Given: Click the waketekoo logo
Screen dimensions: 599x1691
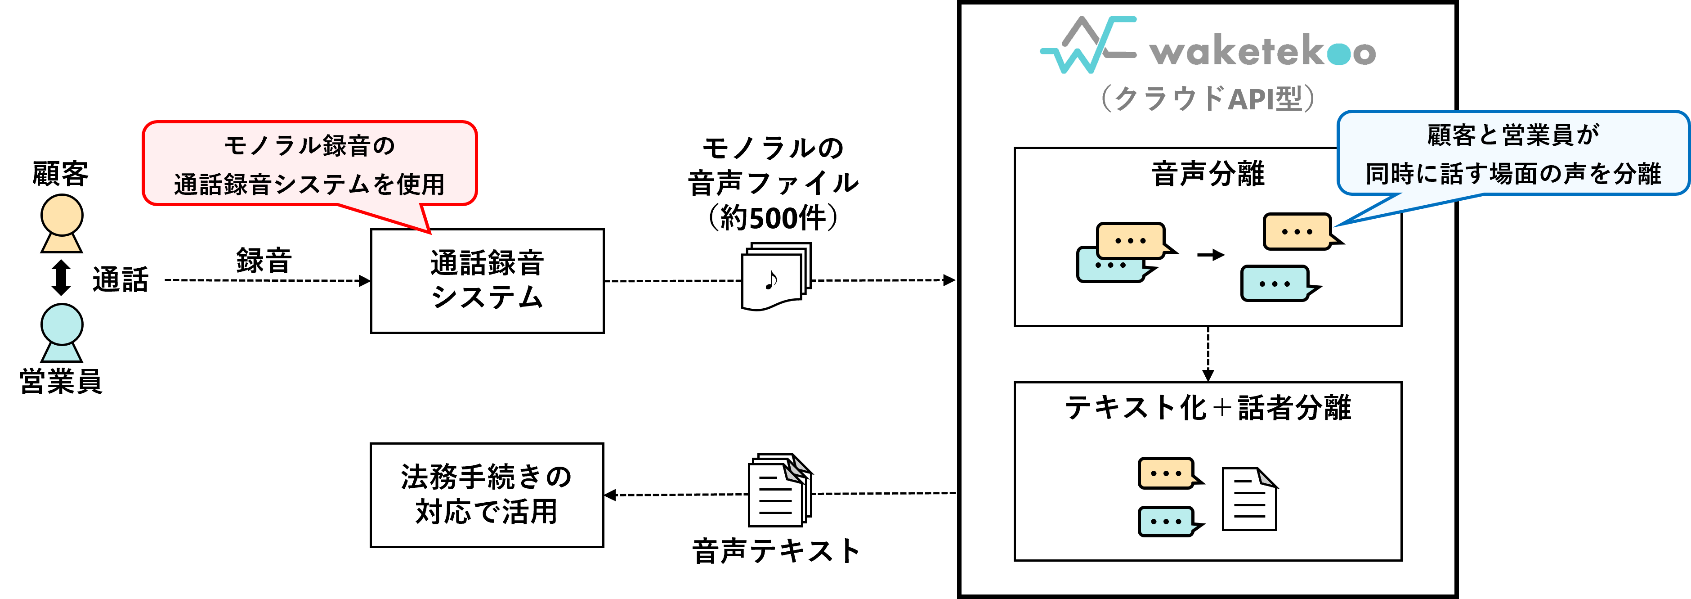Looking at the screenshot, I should pyautogui.click(x=1208, y=46).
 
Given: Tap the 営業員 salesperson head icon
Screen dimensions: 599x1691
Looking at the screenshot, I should pyautogui.click(x=62, y=325).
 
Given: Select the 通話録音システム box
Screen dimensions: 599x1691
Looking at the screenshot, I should pyautogui.click(x=487, y=281).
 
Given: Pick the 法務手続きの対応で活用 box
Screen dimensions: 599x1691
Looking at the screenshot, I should pyautogui.click(x=487, y=495).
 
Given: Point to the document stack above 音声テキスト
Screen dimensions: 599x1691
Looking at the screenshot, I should pyautogui.click(x=780, y=490).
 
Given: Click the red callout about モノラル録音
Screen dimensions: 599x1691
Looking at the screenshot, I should pyautogui.click(x=309, y=163).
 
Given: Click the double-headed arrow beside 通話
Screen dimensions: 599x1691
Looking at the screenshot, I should pyautogui.click(x=62, y=277).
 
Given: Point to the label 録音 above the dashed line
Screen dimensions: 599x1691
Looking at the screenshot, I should pyautogui.click(x=264, y=261).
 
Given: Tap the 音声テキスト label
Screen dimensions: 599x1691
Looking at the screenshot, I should pyautogui.click(x=776, y=551).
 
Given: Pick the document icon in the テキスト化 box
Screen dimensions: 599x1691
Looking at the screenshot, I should pyautogui.click(x=1249, y=499).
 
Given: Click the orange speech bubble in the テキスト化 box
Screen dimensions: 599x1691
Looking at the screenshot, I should pyautogui.click(x=1167, y=473).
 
